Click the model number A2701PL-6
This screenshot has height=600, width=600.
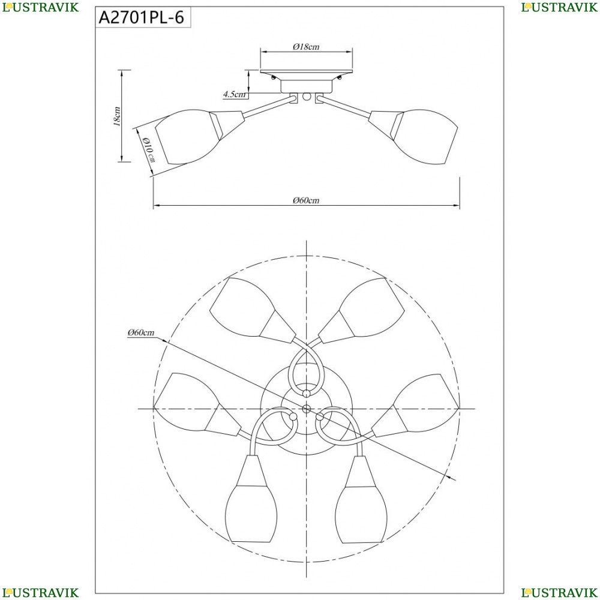142,17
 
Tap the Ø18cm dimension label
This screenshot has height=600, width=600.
306,47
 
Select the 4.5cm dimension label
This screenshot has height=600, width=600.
234,94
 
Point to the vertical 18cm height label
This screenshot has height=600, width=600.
117,116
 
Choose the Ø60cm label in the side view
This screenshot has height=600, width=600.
306,200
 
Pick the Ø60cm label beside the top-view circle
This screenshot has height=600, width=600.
141,332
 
